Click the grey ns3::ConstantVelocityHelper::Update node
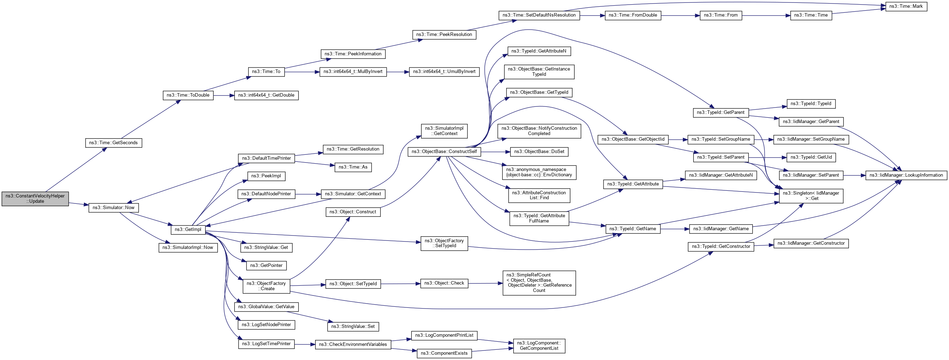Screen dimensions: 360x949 coord(35,199)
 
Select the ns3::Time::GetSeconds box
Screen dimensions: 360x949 coord(114,143)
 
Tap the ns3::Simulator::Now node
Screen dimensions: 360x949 coord(114,208)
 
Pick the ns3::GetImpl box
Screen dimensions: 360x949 coord(188,230)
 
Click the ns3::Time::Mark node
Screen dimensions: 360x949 coord(906,7)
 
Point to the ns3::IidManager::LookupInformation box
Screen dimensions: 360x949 coord(906,175)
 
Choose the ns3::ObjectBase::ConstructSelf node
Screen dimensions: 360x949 coord(444,152)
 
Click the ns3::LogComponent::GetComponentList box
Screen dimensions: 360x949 coord(539,346)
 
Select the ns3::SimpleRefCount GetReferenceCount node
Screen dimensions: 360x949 coord(539,283)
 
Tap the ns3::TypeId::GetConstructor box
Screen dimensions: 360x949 coord(721,246)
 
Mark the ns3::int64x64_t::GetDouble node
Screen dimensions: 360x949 coord(266,96)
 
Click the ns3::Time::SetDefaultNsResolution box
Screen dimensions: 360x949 coord(539,16)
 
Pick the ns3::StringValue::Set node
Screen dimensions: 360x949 coord(353,327)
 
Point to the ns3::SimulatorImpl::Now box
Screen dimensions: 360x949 coord(188,248)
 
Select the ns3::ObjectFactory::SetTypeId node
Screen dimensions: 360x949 coord(444,243)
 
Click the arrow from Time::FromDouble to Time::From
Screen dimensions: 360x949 coord(680,16)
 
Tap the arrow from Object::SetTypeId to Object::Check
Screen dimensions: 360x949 coord(400,284)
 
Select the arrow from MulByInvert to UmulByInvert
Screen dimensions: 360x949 coord(398,72)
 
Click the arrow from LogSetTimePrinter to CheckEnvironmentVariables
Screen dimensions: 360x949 coord(305,344)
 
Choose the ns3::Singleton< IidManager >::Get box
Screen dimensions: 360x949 coord(811,196)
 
